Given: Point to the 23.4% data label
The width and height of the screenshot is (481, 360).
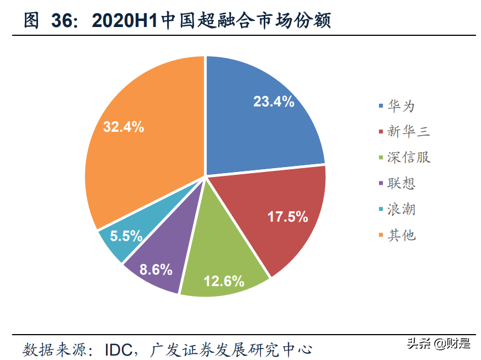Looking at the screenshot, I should (x=274, y=101).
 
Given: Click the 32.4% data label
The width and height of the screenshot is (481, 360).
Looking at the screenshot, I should (x=124, y=127).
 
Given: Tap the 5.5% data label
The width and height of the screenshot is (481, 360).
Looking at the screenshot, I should (x=126, y=237).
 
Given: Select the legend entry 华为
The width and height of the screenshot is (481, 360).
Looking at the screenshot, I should (x=401, y=105).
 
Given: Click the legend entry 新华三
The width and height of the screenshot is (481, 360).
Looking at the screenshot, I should (x=408, y=131).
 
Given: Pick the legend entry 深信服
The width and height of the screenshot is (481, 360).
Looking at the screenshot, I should (x=408, y=157).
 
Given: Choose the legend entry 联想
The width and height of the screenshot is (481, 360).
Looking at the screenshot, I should (x=401, y=184).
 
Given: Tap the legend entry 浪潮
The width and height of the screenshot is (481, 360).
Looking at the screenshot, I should (x=401, y=209).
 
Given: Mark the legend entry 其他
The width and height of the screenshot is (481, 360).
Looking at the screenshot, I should (x=401, y=235).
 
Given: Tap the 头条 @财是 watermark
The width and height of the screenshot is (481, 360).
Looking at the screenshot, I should (x=439, y=343).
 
